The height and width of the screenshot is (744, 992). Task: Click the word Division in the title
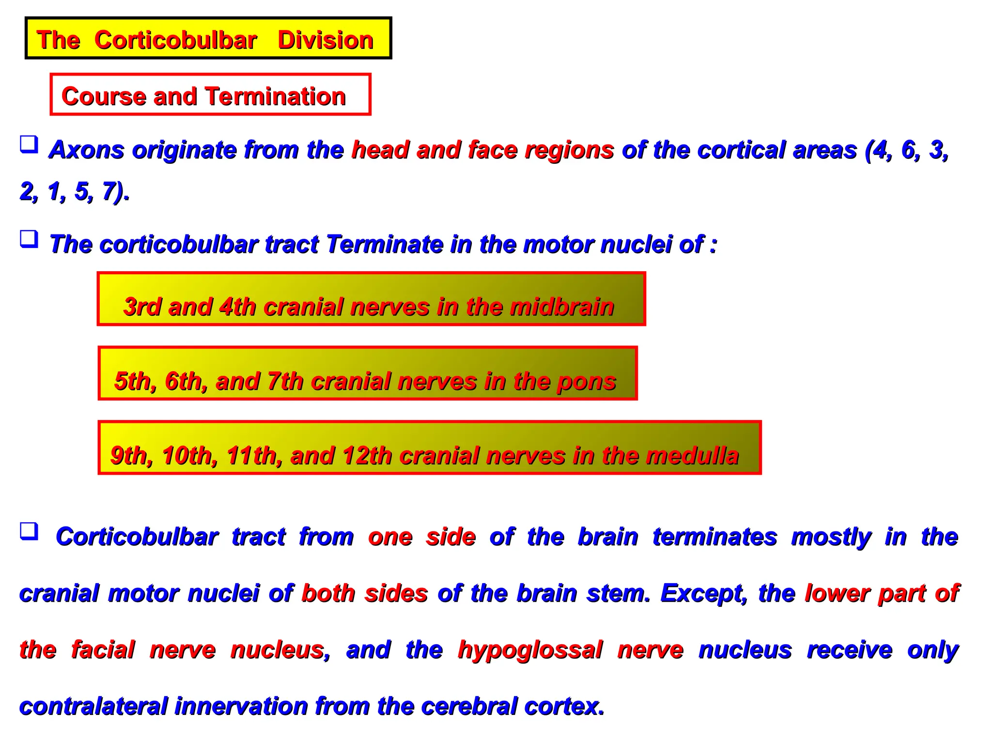click(325, 40)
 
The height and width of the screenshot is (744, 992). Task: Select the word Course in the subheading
click(103, 96)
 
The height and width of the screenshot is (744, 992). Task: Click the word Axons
click(87, 150)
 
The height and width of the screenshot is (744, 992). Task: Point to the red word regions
click(569, 150)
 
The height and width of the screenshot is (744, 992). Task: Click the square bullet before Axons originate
click(29, 144)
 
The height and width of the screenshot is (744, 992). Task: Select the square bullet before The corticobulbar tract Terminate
click(29, 239)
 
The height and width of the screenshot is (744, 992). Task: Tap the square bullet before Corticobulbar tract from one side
click(29, 531)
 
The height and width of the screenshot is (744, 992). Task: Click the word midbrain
click(562, 307)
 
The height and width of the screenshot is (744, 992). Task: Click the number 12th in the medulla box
click(367, 456)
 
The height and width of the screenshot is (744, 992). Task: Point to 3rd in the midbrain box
click(142, 307)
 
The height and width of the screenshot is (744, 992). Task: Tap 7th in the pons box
click(285, 381)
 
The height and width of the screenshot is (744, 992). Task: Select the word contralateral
click(93, 706)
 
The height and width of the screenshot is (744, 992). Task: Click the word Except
click(704, 593)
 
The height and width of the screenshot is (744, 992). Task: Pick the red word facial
click(103, 650)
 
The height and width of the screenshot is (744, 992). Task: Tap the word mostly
click(831, 537)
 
